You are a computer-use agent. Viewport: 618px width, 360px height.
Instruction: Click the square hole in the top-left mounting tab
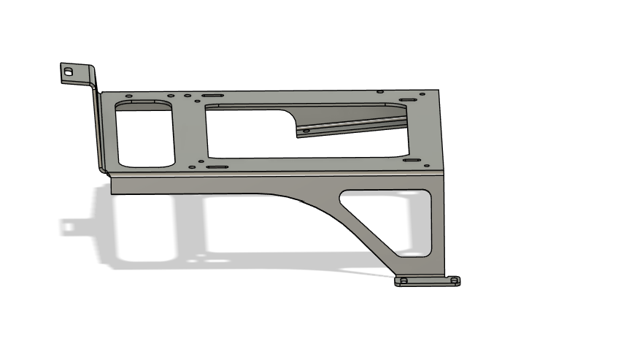[x=69, y=72]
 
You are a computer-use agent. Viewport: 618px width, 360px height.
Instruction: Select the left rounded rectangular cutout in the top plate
[x=144, y=133]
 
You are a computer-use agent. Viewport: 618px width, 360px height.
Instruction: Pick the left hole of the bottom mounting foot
[x=403, y=280]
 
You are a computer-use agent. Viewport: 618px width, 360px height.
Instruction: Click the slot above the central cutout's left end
[x=212, y=96]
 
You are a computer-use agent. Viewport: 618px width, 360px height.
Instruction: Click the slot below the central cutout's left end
[x=217, y=167]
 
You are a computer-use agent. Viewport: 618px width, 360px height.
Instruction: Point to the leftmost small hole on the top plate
[x=129, y=96]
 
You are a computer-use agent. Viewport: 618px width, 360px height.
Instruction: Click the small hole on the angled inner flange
[x=306, y=131]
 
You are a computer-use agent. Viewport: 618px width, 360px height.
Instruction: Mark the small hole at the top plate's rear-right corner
[x=379, y=92]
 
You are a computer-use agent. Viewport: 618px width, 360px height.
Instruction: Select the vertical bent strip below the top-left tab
[x=98, y=128]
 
